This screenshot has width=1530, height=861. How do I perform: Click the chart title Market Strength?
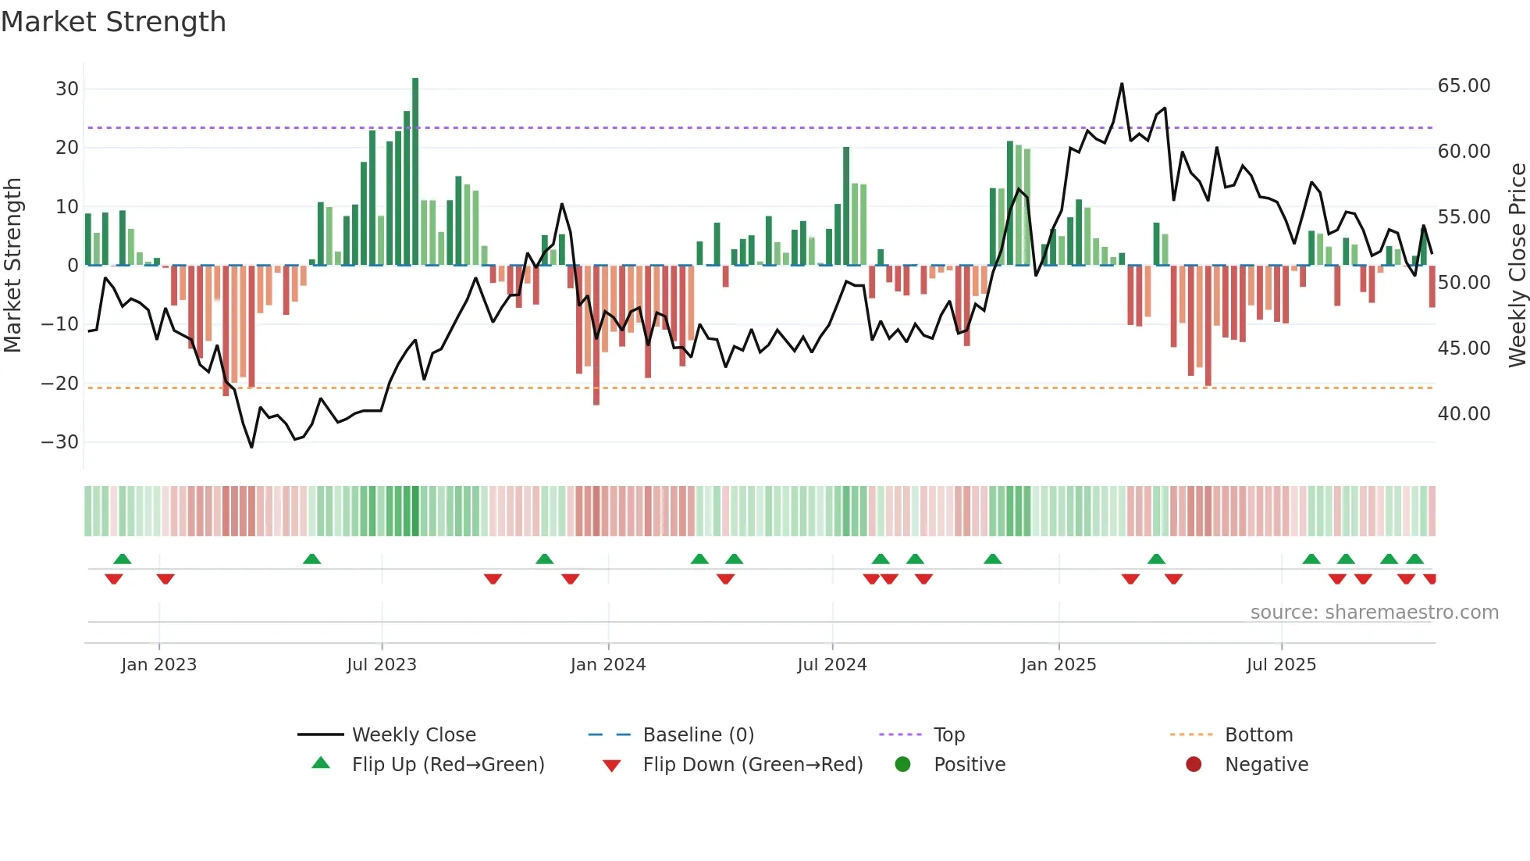pyautogui.click(x=113, y=22)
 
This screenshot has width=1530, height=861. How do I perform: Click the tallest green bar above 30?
pyautogui.click(x=415, y=172)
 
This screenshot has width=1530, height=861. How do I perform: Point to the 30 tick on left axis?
pyautogui.click(x=67, y=89)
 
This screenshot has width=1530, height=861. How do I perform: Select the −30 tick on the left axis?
pyautogui.click(x=60, y=442)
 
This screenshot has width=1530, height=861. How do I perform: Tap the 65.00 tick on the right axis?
pyautogui.click(x=1464, y=86)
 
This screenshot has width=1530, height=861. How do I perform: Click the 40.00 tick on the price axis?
pyautogui.click(x=1464, y=414)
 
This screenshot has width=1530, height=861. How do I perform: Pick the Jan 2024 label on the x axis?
pyautogui.click(x=608, y=665)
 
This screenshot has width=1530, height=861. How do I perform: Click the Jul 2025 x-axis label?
pyautogui.click(x=1281, y=665)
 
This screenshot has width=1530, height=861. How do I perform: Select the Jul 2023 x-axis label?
pyautogui.click(x=382, y=665)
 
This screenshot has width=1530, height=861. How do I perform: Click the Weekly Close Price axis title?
pyautogui.click(x=1517, y=266)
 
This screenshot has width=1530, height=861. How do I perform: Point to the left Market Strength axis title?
pyautogui.click(x=12, y=266)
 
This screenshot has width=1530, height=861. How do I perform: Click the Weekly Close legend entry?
pyautogui.click(x=414, y=735)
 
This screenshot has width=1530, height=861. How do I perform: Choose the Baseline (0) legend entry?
pyautogui.click(x=698, y=735)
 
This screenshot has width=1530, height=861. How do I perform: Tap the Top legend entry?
pyautogui.click(x=949, y=735)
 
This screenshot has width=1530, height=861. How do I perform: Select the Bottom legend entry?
pyautogui.click(x=1258, y=735)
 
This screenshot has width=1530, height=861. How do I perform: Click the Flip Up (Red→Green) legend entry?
pyautogui.click(x=447, y=765)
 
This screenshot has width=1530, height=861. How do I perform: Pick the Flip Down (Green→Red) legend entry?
pyautogui.click(x=753, y=765)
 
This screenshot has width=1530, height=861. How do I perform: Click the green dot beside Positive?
pyautogui.click(x=903, y=765)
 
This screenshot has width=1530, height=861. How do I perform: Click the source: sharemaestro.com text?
pyautogui.click(x=1374, y=613)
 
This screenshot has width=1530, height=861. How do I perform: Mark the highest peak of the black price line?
pyautogui.click(x=1122, y=84)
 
